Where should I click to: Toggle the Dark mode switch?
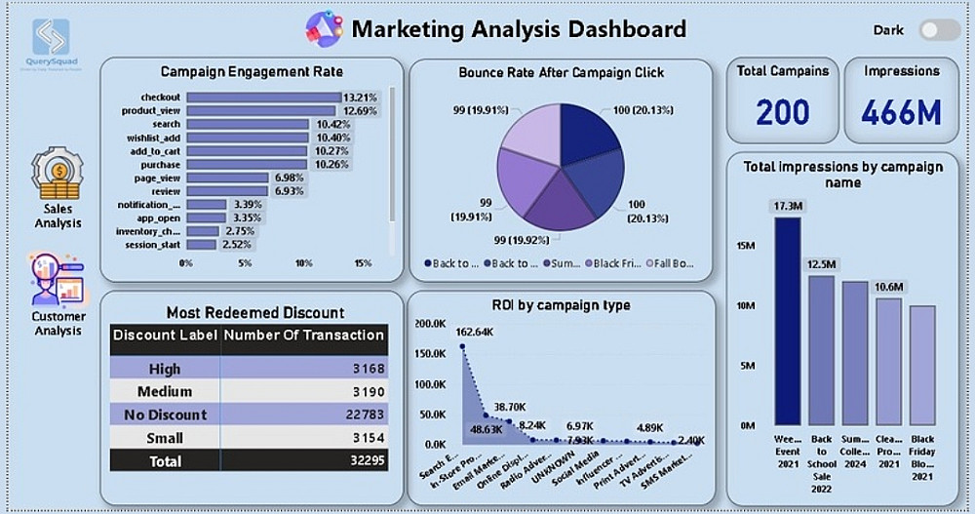[940, 29]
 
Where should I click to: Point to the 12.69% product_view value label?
[359, 111]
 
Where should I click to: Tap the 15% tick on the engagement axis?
[363, 263]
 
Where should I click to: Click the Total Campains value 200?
[782, 111]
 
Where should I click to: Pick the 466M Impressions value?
[901, 111]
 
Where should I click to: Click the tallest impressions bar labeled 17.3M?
[788, 322]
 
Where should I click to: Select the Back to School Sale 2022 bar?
[822, 351]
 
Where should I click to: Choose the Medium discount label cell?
[164, 392]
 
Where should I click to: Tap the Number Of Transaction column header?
[304, 336]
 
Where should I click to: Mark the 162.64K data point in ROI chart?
[462, 345]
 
